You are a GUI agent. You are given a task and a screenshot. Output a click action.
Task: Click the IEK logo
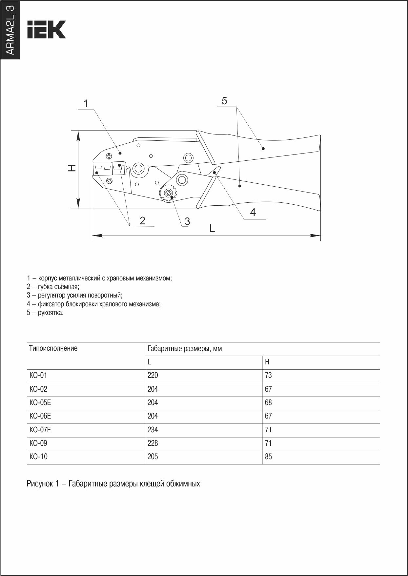(46, 30)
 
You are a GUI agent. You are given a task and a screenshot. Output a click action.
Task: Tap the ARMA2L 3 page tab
(10, 30)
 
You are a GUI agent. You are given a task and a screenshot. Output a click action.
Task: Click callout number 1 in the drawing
(86, 104)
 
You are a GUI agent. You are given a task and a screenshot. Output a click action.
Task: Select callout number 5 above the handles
(224, 101)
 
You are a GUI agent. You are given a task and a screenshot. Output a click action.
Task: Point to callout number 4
(253, 212)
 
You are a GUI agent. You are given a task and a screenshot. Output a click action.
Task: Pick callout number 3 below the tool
(187, 221)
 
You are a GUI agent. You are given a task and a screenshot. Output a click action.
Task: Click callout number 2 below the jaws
(142, 220)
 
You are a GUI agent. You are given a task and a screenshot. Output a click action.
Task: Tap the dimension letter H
(72, 168)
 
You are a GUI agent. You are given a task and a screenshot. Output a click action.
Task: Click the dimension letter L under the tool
(212, 228)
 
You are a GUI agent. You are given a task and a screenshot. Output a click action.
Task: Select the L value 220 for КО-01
(153, 375)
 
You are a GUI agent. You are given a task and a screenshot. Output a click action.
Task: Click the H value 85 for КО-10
(268, 457)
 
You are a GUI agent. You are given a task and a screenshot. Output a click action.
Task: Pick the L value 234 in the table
(153, 430)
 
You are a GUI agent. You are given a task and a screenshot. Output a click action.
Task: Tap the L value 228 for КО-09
(153, 443)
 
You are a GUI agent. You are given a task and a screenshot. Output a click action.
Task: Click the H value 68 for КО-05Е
(268, 402)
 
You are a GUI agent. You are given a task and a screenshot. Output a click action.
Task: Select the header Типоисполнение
(53, 348)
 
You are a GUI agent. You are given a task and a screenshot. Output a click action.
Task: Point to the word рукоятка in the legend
(51, 313)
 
